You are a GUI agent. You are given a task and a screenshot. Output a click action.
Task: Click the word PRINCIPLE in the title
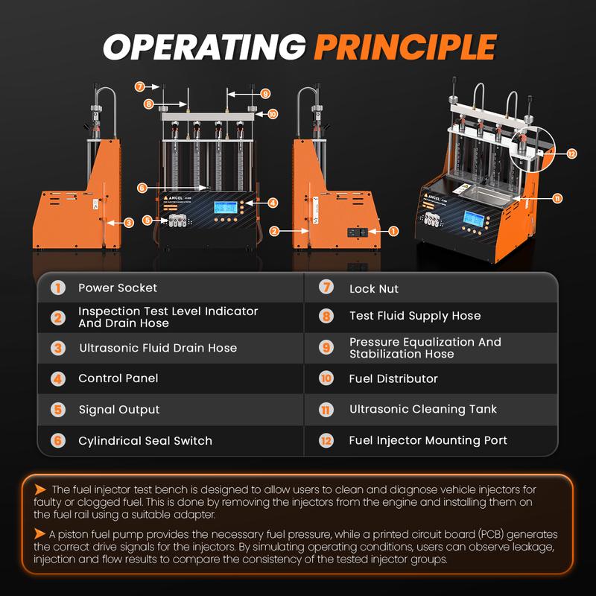click(x=405, y=47)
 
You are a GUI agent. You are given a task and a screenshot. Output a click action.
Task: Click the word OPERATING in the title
click(x=204, y=47)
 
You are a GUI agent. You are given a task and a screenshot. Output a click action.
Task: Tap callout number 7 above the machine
click(x=140, y=86)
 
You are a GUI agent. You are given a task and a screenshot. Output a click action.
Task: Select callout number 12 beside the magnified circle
click(x=571, y=153)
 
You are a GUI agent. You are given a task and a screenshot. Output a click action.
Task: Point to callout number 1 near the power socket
click(x=393, y=231)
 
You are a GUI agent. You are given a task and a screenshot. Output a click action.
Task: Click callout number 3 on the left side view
click(x=129, y=223)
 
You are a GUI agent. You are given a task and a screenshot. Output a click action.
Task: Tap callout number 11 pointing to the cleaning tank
click(x=557, y=198)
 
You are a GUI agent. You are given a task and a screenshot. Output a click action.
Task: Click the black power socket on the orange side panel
click(x=358, y=232)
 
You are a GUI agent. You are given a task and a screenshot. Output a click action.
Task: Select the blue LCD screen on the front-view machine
click(x=226, y=208)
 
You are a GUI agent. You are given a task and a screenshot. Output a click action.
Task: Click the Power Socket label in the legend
click(x=118, y=288)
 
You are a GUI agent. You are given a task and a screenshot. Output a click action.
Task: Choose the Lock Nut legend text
click(x=374, y=289)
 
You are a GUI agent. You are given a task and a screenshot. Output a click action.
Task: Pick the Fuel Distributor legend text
click(x=393, y=378)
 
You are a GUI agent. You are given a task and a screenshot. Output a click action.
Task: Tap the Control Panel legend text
click(x=118, y=378)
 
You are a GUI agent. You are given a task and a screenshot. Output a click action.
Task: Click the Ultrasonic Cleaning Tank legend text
click(x=423, y=409)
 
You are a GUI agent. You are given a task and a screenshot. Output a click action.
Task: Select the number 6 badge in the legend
click(x=58, y=440)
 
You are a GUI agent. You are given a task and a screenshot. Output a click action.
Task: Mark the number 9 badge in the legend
click(x=326, y=347)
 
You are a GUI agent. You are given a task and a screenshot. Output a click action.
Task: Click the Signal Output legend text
click(x=119, y=410)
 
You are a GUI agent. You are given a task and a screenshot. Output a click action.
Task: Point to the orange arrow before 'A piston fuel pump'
click(x=39, y=533)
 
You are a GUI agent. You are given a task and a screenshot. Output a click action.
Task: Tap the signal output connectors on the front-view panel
click(x=177, y=221)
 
